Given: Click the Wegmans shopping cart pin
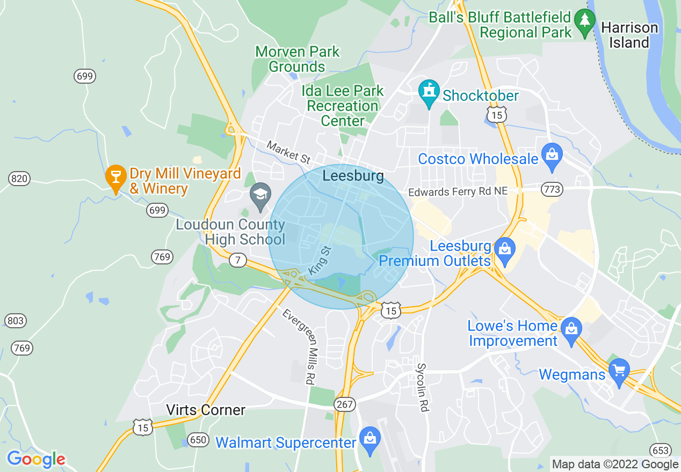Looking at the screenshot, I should click(x=619, y=371).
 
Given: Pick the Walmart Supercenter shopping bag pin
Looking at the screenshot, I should click(x=370, y=439).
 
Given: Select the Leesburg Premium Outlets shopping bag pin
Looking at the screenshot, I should click(x=504, y=250).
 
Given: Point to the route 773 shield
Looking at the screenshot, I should click(x=552, y=189).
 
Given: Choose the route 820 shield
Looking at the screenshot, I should click(x=19, y=179).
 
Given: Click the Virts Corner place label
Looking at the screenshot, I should click(x=206, y=410).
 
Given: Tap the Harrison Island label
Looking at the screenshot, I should click(x=629, y=35).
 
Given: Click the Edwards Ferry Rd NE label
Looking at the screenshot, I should click(x=458, y=191).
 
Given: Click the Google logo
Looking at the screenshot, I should click(x=36, y=459).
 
